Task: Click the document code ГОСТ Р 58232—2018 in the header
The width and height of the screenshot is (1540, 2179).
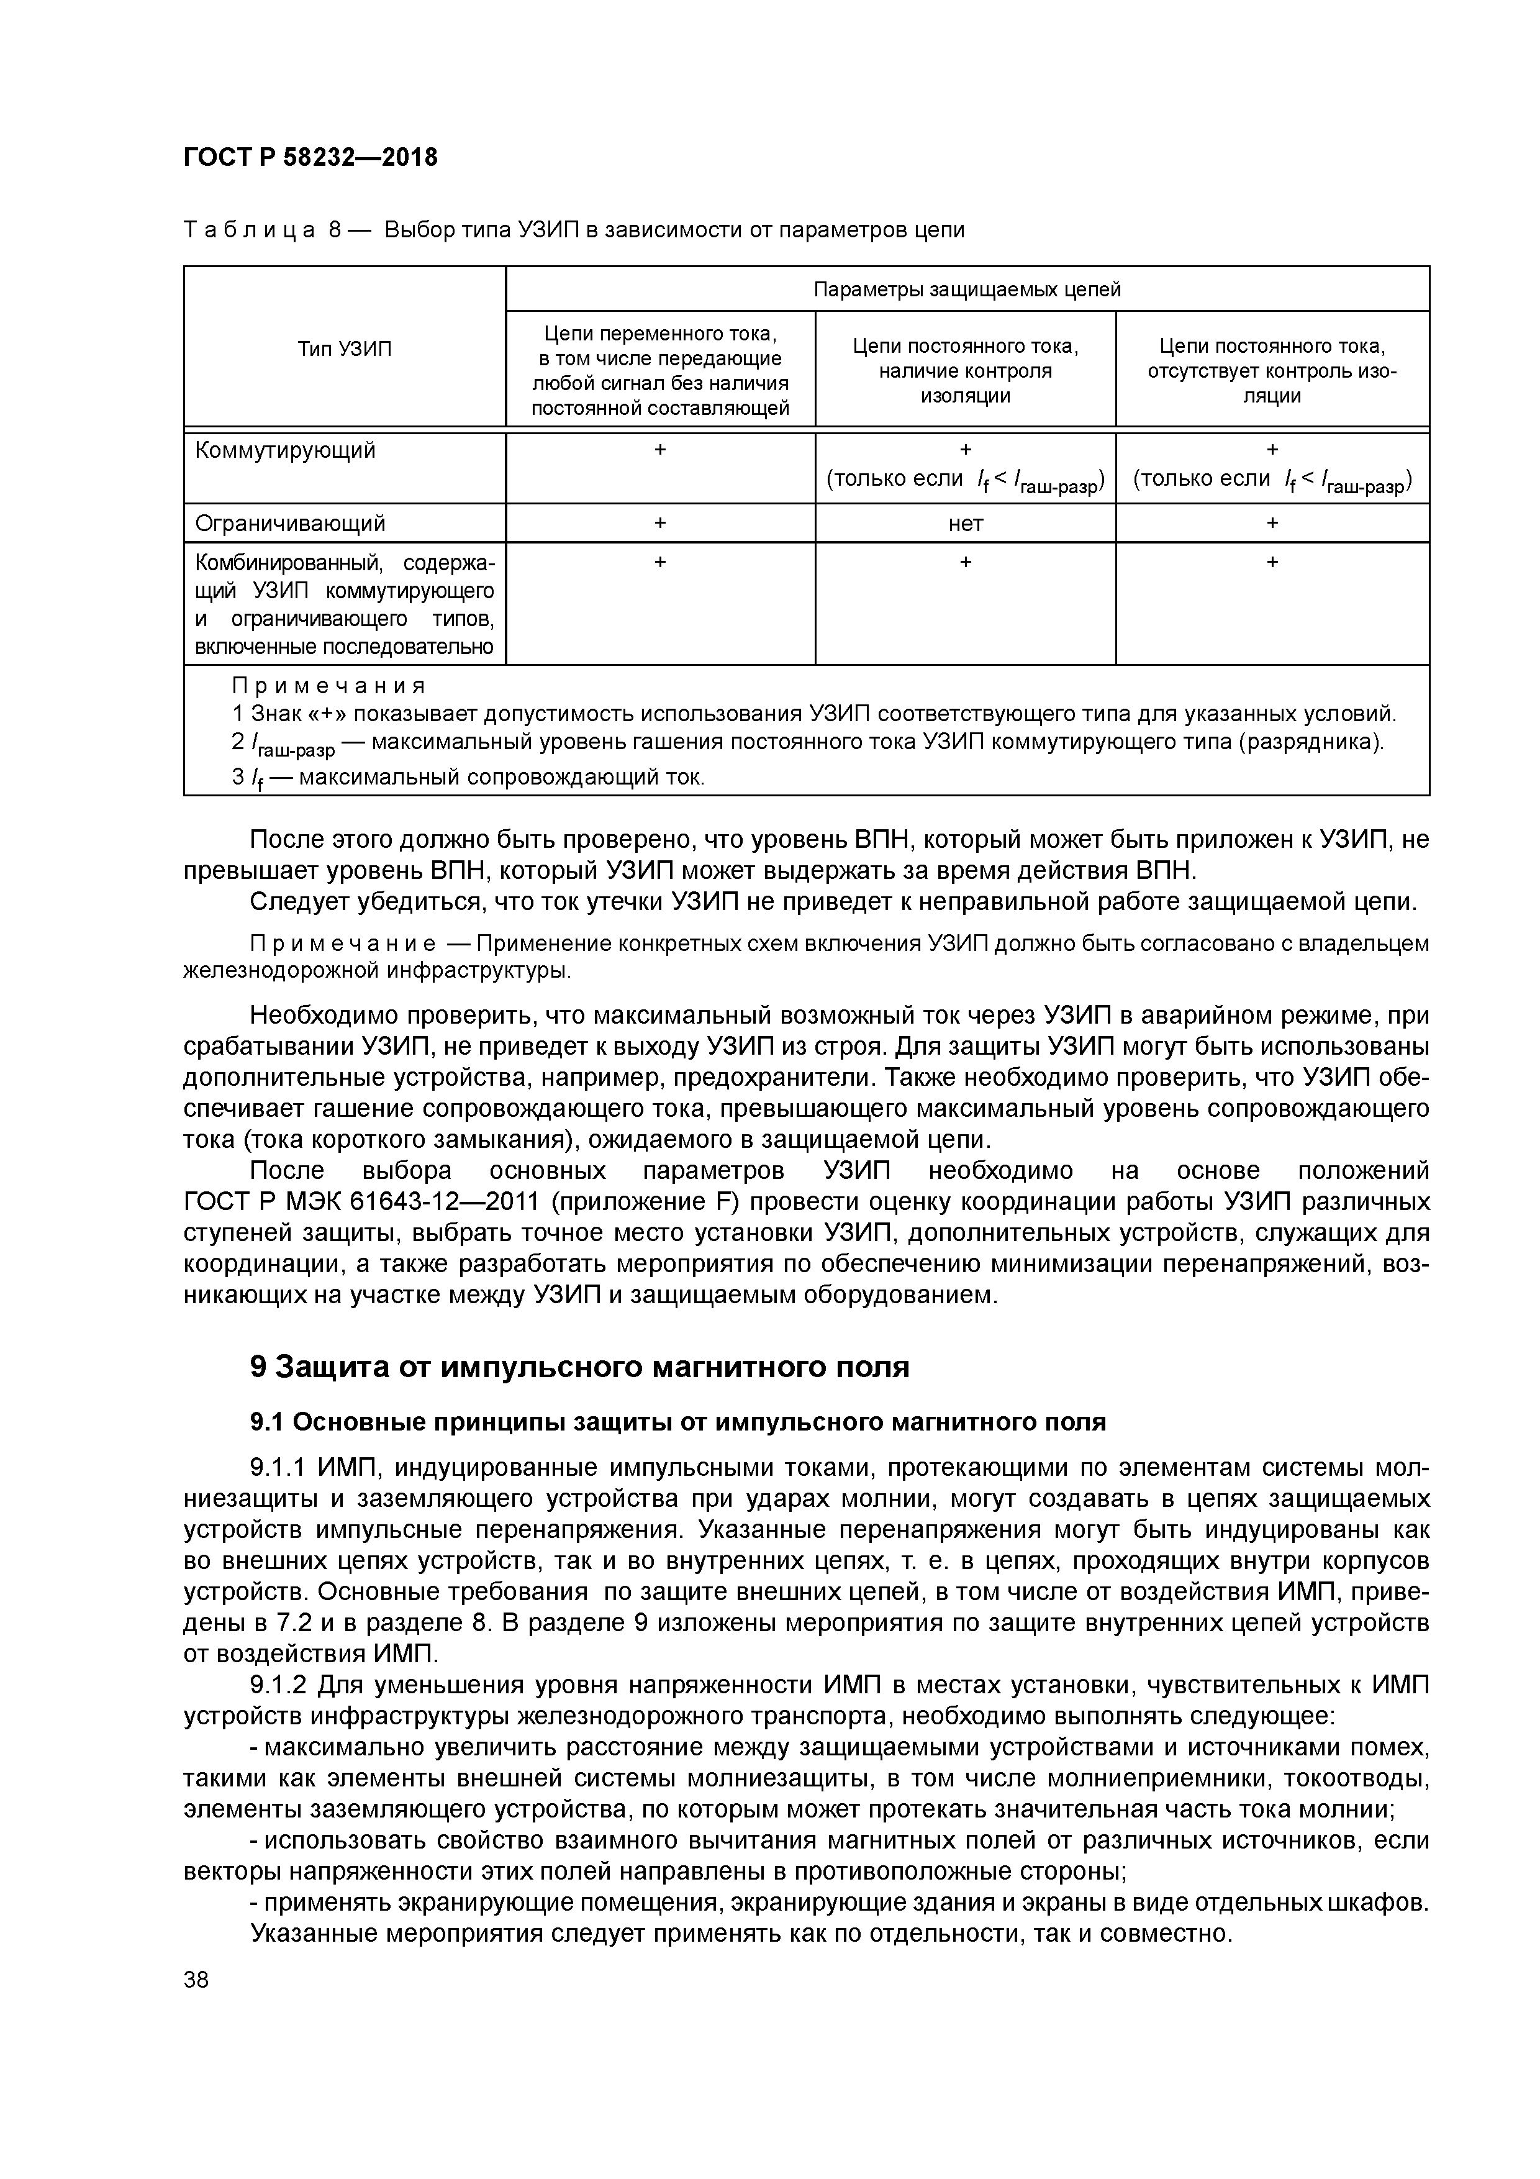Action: pos(310,158)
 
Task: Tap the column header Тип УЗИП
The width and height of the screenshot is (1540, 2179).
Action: pos(345,349)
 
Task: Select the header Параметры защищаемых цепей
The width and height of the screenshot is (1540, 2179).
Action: pos(967,289)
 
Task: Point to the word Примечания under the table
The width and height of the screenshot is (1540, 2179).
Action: pos(329,685)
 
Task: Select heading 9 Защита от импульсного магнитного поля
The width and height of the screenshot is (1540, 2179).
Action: pos(579,1367)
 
